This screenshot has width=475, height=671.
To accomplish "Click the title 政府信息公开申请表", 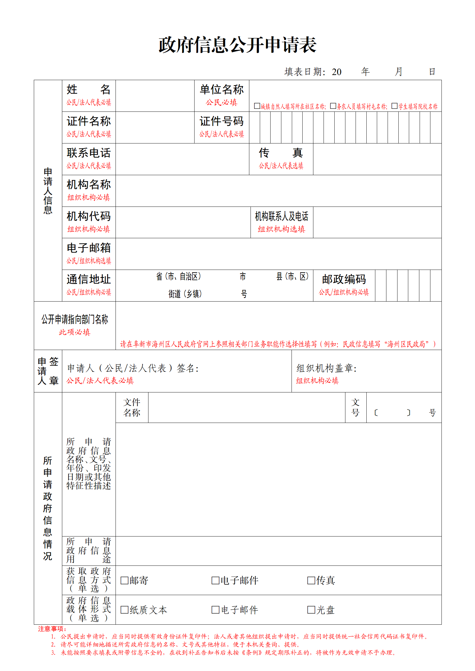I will [x=237, y=45].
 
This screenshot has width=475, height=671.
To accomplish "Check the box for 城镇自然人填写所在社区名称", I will [x=257, y=106].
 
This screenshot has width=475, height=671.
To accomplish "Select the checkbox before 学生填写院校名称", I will [x=394, y=106].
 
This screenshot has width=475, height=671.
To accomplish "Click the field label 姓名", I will [x=89, y=90].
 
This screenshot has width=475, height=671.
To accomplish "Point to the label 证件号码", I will [x=221, y=121].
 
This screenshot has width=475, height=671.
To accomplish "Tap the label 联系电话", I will [x=89, y=153].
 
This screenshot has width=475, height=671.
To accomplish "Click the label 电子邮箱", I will [x=89, y=248].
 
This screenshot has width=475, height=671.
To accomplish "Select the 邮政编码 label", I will [x=344, y=279].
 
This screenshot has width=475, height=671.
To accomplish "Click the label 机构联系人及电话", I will [x=281, y=216].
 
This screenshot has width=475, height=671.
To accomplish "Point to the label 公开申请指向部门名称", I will [x=75, y=320].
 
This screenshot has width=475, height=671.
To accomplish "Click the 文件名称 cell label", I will [x=132, y=407].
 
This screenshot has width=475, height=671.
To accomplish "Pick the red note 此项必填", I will [x=75, y=332].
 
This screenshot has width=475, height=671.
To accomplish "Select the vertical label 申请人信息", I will [x=48, y=191].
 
